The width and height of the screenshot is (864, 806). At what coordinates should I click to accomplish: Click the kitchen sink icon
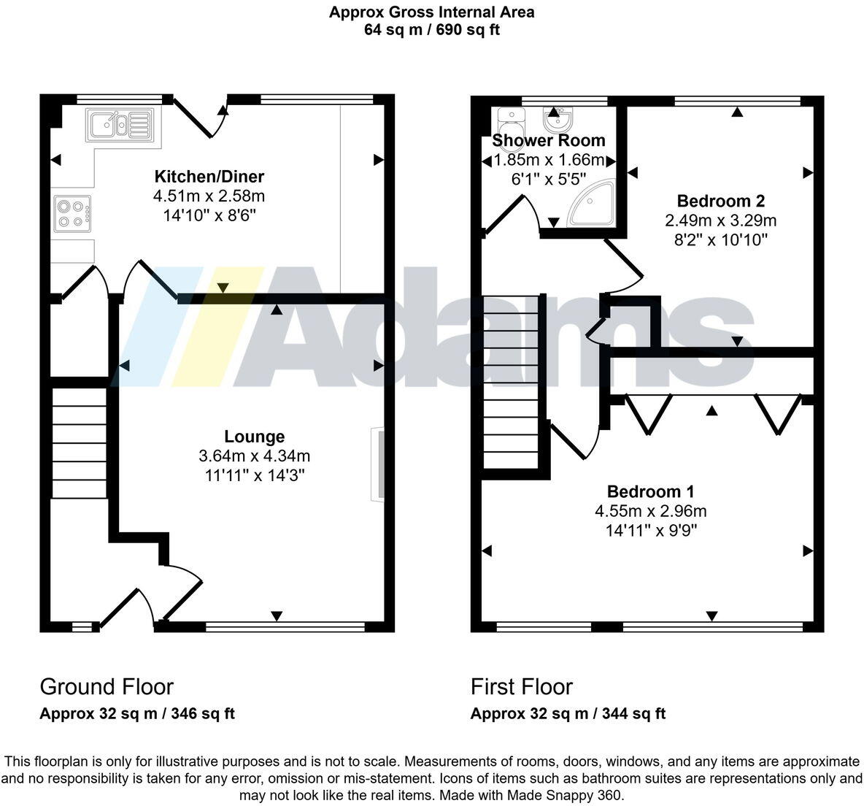pos(119,123)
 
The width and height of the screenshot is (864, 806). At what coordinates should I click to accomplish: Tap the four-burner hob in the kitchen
pos(72,212)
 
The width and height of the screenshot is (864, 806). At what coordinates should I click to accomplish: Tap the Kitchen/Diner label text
pos(209,177)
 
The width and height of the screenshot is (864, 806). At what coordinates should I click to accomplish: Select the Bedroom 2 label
pos(720,201)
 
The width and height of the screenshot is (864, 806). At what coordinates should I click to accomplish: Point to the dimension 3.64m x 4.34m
pos(254,456)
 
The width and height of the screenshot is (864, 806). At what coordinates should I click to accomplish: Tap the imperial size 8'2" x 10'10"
pos(720,239)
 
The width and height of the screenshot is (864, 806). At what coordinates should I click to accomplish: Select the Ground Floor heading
pos(107,687)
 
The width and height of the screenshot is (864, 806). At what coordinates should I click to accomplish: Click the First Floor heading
pos(522,687)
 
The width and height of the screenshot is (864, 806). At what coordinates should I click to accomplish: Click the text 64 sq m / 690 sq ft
pos(431,30)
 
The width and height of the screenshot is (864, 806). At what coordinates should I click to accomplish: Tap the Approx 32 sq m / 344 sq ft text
pos(568,714)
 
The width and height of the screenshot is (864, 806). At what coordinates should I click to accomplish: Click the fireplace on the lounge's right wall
pos(377,464)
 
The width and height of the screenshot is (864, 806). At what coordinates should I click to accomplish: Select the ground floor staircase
pos(79,442)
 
